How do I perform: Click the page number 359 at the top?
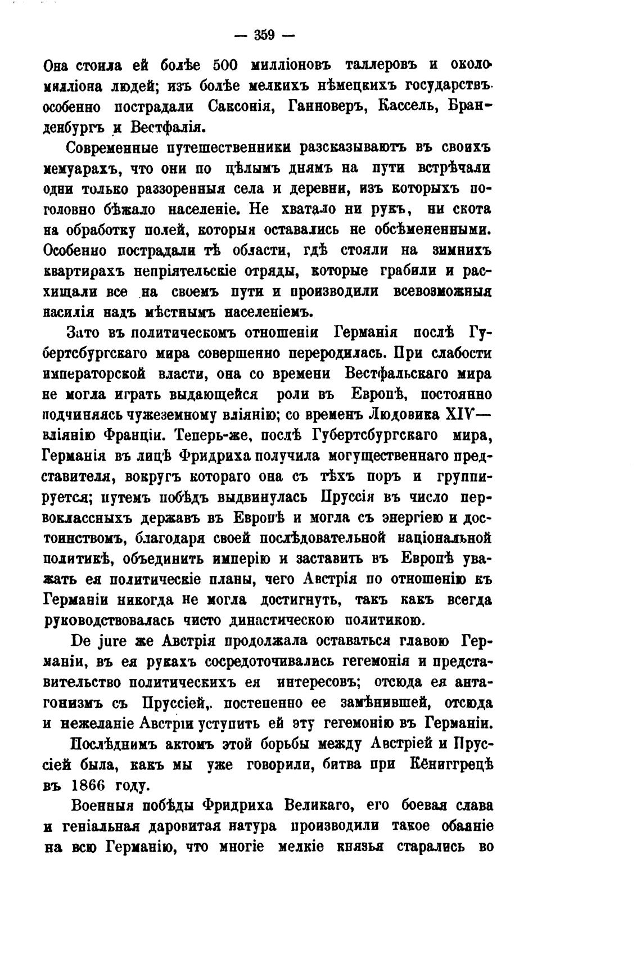click(263, 35)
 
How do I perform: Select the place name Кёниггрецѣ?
click(454, 764)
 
